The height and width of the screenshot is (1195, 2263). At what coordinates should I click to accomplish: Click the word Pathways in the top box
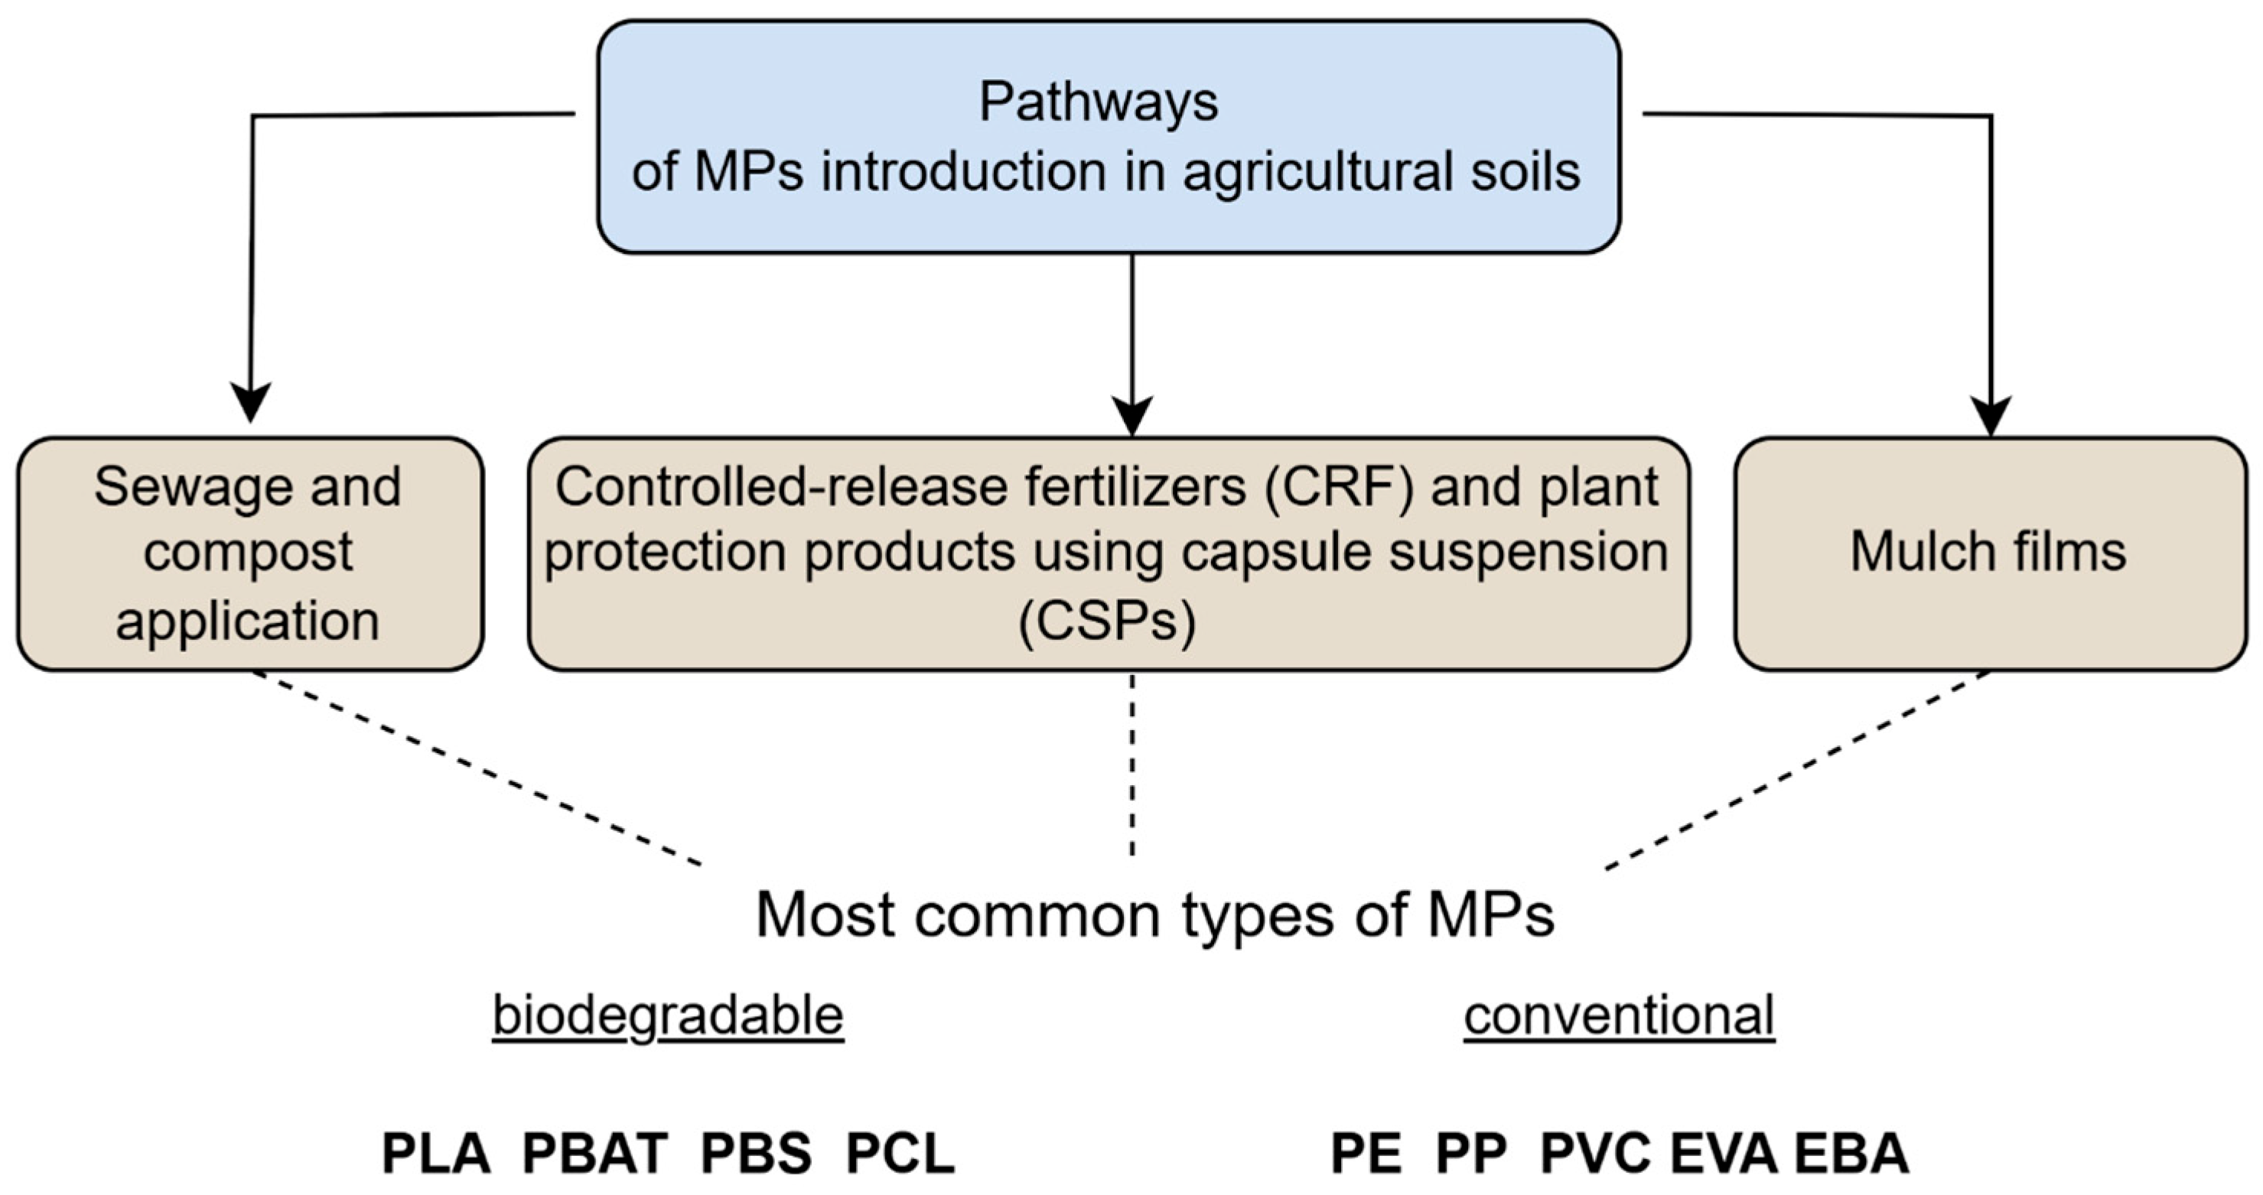point(1098,102)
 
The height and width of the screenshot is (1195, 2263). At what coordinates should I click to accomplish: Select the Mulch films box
point(1989,554)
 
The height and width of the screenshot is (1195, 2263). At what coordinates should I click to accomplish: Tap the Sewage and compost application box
point(249,554)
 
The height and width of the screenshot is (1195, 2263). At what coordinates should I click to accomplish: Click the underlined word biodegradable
point(668,1016)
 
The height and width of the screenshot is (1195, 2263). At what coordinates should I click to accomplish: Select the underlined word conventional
point(1619,1016)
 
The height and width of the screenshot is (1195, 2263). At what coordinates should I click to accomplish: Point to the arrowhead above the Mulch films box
point(1991,415)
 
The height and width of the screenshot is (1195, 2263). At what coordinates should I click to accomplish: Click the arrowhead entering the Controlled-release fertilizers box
point(1131,415)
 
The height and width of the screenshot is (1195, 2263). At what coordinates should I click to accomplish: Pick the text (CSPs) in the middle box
point(1107,622)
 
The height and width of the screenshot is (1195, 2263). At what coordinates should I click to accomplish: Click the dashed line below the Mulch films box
point(1796,770)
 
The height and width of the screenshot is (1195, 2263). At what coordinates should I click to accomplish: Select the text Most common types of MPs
point(1154,916)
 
